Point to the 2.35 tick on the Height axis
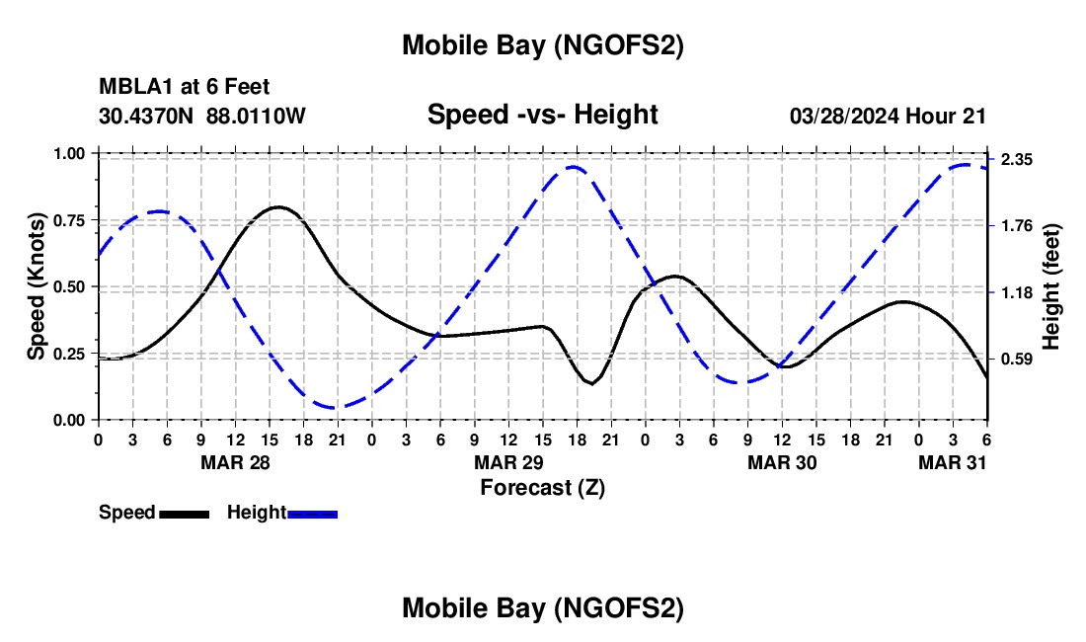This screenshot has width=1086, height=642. pos(1016,160)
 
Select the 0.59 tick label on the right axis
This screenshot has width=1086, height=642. pos(1016,360)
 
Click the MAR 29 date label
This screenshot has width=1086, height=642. pos(509,462)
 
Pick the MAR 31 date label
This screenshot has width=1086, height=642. pos(953,462)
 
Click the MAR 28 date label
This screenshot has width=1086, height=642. pos(235,462)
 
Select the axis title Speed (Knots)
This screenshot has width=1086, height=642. pos(37,286)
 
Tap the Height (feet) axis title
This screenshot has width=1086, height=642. pos(1050,286)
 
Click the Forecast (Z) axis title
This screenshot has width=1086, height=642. pos(542,487)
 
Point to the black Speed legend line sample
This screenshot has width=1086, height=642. pos(185,514)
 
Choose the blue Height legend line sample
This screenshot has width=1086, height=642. pos(313,514)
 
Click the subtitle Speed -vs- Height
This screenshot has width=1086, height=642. pos(542,115)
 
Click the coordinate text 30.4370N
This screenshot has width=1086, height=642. pos(147,116)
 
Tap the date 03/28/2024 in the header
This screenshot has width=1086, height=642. pos(845,116)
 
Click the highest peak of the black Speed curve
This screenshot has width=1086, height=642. pos(278,207)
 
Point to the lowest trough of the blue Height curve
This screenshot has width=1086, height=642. pos(336,407)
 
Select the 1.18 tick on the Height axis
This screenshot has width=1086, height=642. pos(1016,293)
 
